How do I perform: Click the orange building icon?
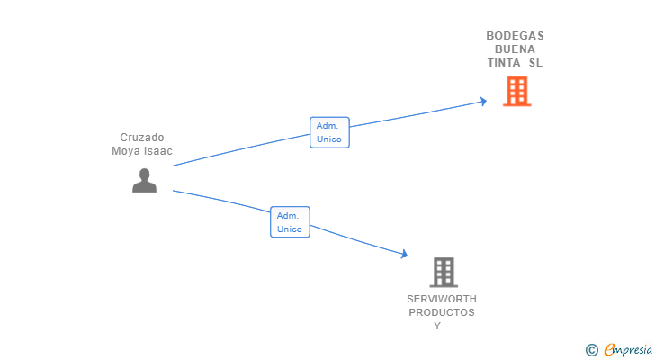point(517,91)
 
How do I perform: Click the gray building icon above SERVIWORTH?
point(444,272)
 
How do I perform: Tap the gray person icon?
point(144,180)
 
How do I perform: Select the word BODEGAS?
point(515,36)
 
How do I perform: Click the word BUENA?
point(515,49)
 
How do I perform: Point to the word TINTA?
point(504,63)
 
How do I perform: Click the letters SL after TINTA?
point(535,63)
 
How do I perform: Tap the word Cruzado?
point(142,138)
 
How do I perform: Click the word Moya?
point(124,151)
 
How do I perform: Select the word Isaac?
point(157,151)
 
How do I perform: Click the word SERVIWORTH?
point(442,299)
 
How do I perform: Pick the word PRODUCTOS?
point(442,312)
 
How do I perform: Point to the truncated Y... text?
point(442,326)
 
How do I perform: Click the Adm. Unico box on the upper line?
point(329,132)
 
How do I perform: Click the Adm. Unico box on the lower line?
point(290,222)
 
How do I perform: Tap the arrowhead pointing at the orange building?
point(483,102)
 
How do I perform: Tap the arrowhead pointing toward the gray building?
point(403,254)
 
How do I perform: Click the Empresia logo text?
point(628,350)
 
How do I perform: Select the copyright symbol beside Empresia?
point(591,350)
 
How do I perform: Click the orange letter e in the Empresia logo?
point(609,350)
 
